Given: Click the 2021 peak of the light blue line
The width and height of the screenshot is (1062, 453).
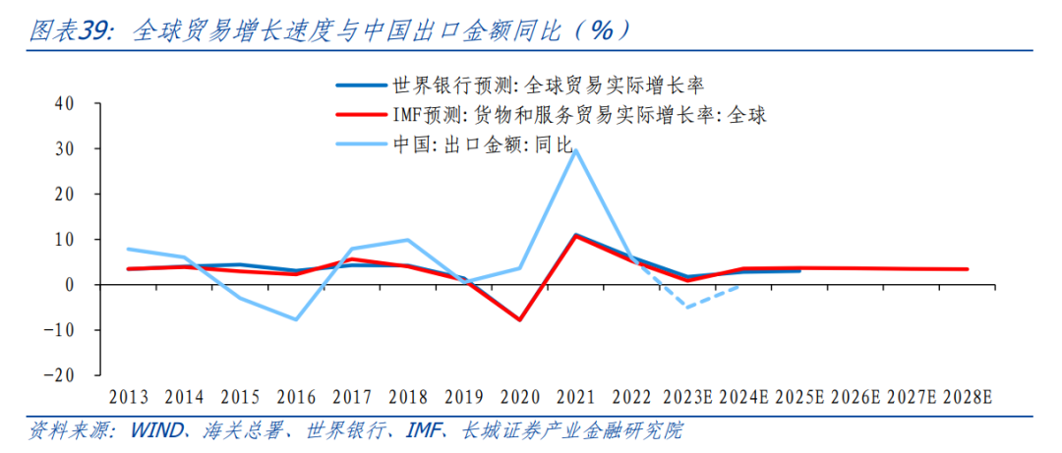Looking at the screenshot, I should (575, 149).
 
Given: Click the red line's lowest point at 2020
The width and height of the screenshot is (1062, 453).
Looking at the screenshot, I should (519, 320).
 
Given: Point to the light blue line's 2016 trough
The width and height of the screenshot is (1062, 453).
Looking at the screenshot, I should (296, 319).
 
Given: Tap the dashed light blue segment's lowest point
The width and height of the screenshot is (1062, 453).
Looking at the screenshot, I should (687, 308).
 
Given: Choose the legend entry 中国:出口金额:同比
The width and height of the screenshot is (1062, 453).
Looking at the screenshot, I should (482, 144).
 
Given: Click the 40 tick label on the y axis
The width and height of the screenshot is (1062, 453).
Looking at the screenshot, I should (65, 103).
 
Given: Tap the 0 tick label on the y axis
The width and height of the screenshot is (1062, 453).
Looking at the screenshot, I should (70, 285).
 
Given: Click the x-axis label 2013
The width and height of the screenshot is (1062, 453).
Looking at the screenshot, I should (129, 397).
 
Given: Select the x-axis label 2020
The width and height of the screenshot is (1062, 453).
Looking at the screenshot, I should (519, 397).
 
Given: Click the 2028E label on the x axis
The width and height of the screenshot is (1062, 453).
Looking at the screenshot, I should (968, 397).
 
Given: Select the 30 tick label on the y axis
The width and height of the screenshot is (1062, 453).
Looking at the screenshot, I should (65, 149).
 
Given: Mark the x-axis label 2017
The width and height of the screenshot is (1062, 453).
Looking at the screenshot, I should (352, 397).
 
